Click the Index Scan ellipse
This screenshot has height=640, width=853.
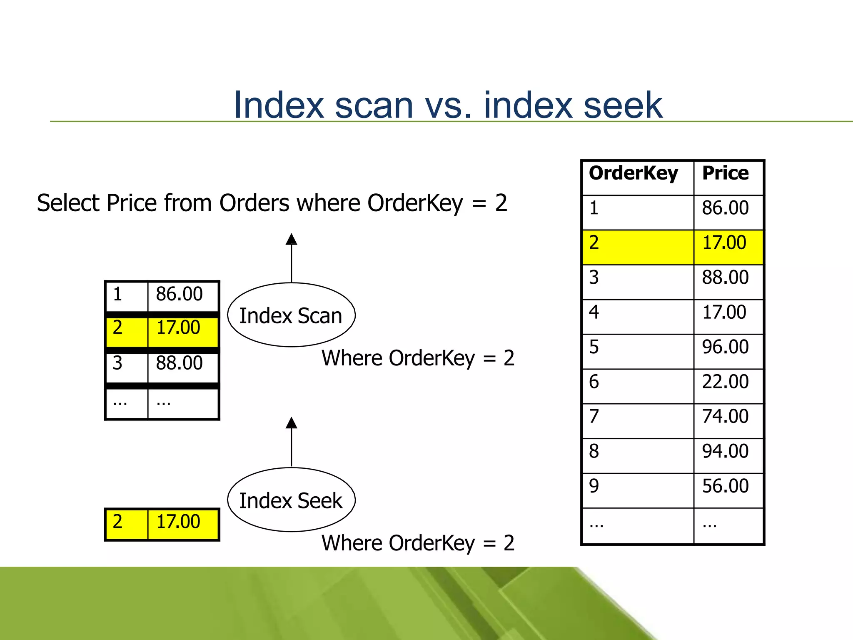coord(291,315)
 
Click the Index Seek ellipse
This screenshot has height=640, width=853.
coord(291,500)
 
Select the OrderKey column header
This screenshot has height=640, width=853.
coord(634,173)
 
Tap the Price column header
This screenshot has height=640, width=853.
coord(726,173)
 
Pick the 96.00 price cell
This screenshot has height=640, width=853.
coord(726,347)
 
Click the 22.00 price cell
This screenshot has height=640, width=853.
coord(726,382)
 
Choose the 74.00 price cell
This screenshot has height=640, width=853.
coord(726,416)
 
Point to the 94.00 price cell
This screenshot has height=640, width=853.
coord(726,451)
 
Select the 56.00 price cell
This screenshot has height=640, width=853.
coord(726,486)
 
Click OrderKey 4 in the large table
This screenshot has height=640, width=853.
coord(594,312)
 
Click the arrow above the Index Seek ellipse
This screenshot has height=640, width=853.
coord(292,441)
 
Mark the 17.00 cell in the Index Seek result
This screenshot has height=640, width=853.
coord(178,522)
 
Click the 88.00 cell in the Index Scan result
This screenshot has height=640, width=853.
coord(180,363)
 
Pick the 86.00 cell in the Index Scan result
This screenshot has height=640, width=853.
coord(180,295)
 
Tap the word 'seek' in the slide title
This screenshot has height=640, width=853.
coord(623,105)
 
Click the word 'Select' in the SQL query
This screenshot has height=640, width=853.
coord(68,203)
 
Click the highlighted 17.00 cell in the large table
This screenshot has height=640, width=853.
coord(725,243)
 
